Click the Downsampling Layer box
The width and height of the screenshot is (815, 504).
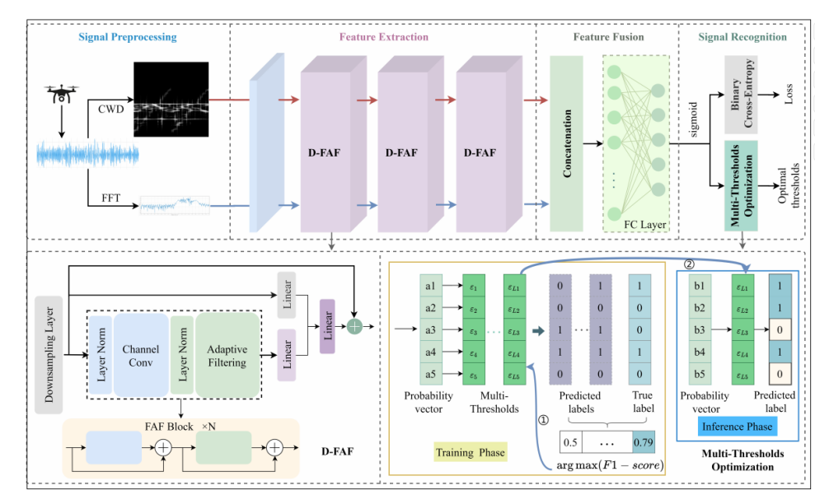coord(51,354)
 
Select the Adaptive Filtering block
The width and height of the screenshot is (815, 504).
coord(227,354)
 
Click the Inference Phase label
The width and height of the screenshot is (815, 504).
coord(735,427)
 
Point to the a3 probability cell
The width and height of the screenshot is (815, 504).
coord(430,329)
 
